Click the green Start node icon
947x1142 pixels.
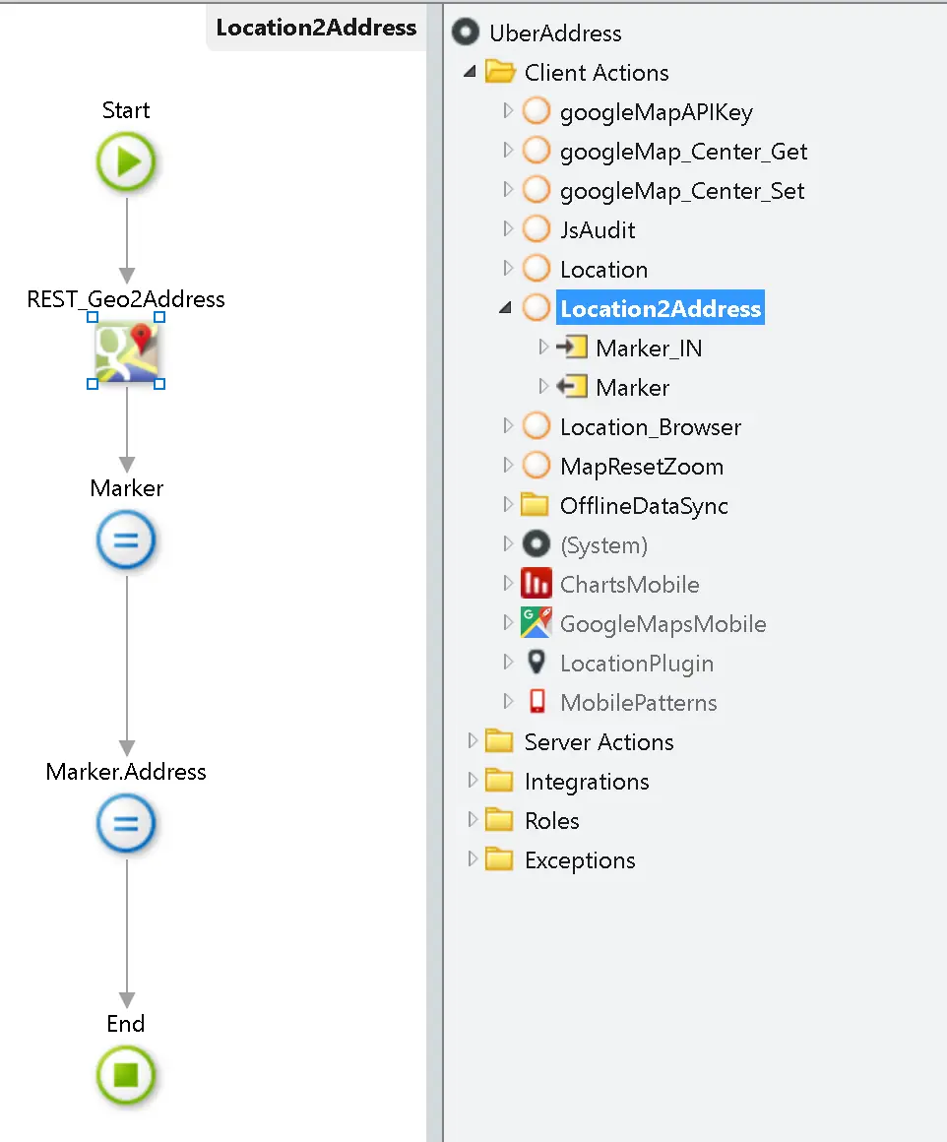click(x=126, y=162)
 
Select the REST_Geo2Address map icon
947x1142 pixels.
click(x=126, y=351)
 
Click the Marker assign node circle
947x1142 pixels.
click(x=126, y=540)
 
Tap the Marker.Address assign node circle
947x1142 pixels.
click(x=126, y=823)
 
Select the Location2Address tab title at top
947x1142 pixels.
click(x=316, y=28)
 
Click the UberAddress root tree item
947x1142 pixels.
click(x=555, y=33)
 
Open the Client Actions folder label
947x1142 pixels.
click(x=596, y=73)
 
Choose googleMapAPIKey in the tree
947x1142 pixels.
click(x=656, y=112)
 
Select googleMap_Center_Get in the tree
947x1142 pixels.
click(x=683, y=152)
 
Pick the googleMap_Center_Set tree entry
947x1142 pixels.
click(x=682, y=191)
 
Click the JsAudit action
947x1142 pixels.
click(x=598, y=230)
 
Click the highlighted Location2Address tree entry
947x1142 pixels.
click(x=660, y=309)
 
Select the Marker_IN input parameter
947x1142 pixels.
click(x=649, y=349)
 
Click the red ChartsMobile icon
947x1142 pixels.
click(x=536, y=584)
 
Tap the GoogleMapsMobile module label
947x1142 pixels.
click(x=663, y=624)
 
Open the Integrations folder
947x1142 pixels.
click(x=586, y=782)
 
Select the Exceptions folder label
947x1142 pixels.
click(x=580, y=860)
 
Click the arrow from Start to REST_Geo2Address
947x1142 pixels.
click(x=126, y=236)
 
